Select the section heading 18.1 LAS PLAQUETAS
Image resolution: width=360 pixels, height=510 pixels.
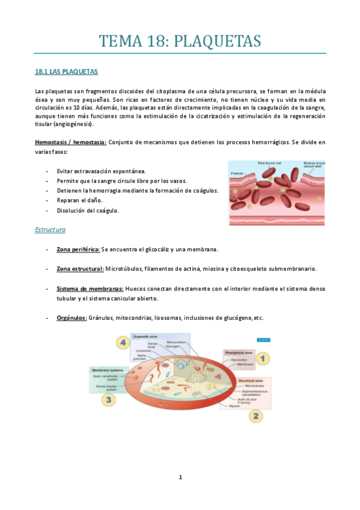pyautogui.click(x=67, y=72)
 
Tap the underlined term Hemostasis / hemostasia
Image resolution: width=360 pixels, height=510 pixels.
pyautogui.click(x=71, y=143)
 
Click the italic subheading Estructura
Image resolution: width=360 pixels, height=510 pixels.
pyautogui.click(x=50, y=230)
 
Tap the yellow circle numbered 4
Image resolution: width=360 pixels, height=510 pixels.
pyautogui.click(x=123, y=343)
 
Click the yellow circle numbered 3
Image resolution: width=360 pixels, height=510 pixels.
pyautogui.click(x=108, y=398)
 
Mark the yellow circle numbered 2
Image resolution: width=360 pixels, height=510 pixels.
pyautogui.click(x=255, y=415)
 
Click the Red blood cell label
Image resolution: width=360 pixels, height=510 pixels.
pyautogui.click(x=270, y=163)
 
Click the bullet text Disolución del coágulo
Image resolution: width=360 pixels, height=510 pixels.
pyautogui.click(x=88, y=210)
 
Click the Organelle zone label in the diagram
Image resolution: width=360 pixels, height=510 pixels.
pyautogui.click(x=145, y=337)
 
